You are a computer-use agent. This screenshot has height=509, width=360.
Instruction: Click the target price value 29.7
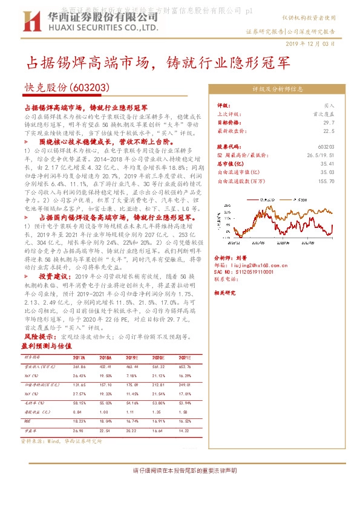[329, 122]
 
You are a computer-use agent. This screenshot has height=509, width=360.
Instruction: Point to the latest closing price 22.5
[329, 130]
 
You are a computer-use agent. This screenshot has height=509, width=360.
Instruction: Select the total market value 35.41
[328, 163]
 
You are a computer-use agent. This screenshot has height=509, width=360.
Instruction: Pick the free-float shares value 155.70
[326, 180]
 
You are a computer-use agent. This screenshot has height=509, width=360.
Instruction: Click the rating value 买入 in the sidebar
[329, 105]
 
